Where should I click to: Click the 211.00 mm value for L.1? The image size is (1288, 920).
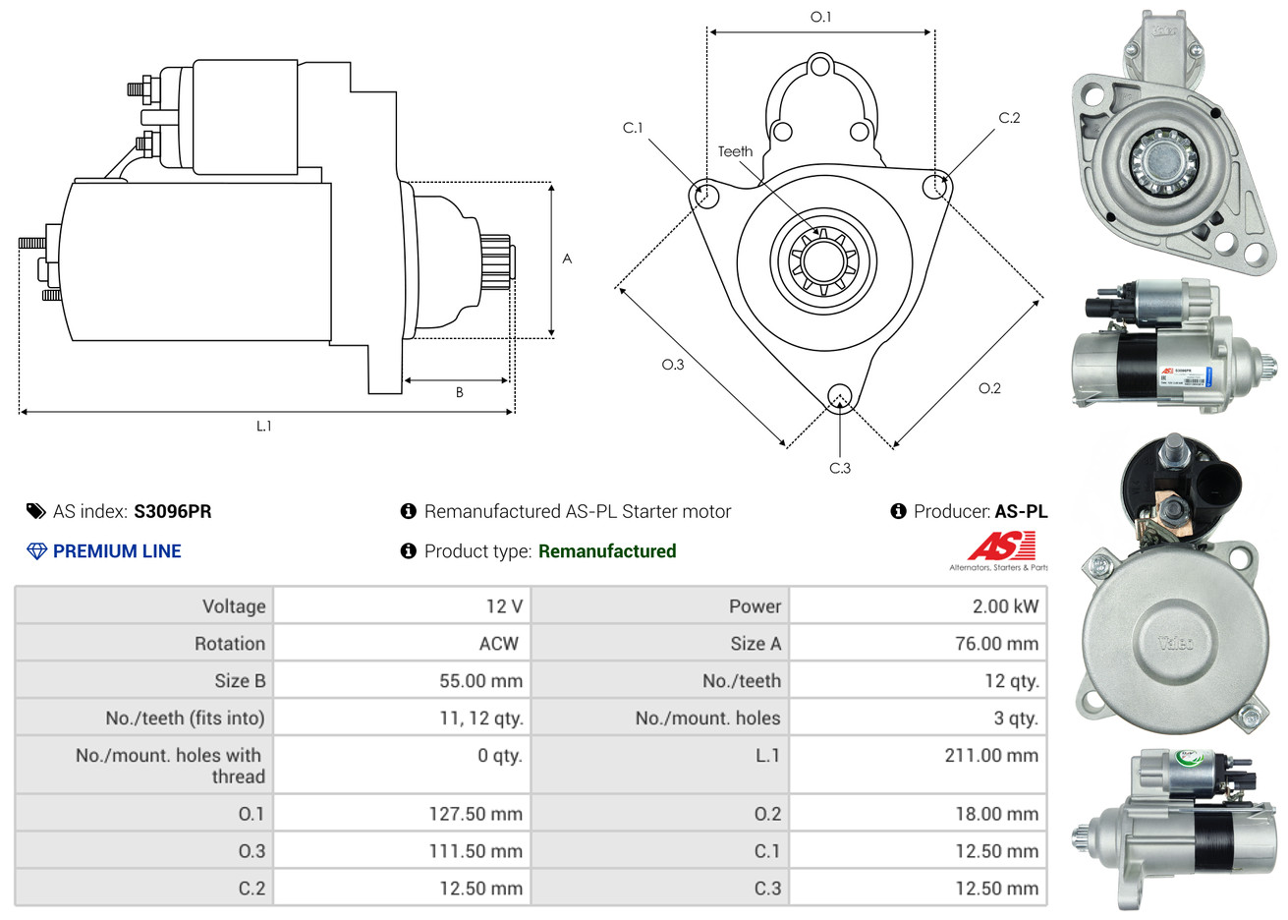pyautogui.click(x=991, y=756)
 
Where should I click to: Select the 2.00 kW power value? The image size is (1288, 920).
pyautogui.click(x=1005, y=606)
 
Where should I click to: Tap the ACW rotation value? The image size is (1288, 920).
pyautogui.click(x=498, y=644)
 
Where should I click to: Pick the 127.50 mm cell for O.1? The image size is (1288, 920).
pyautogui.click(x=476, y=814)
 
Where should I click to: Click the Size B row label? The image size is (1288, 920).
pyautogui.click(x=240, y=681)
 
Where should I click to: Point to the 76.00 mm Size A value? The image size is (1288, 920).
pyautogui.click(x=996, y=644)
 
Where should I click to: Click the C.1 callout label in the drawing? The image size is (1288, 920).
pyautogui.click(x=633, y=128)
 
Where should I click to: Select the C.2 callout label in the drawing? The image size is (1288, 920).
pyautogui.click(x=1009, y=118)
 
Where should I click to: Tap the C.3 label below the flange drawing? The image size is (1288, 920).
pyautogui.click(x=840, y=468)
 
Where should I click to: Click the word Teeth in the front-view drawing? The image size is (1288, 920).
pyautogui.click(x=735, y=151)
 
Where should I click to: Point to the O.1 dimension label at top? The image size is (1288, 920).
pyautogui.click(x=820, y=17)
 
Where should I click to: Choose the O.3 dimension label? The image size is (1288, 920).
pyautogui.click(x=672, y=365)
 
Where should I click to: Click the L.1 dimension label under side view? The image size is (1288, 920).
pyautogui.click(x=263, y=426)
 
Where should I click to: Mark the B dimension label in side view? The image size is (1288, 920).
pyautogui.click(x=459, y=392)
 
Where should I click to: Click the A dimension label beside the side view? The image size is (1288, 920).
pyautogui.click(x=567, y=259)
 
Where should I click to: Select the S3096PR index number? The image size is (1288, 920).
pyautogui.click(x=173, y=511)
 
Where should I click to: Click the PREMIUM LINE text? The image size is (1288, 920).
pyautogui.click(x=117, y=551)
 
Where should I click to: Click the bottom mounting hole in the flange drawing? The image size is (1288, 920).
pyautogui.click(x=839, y=396)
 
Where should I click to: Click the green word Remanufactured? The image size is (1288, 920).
pyautogui.click(x=607, y=551)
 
